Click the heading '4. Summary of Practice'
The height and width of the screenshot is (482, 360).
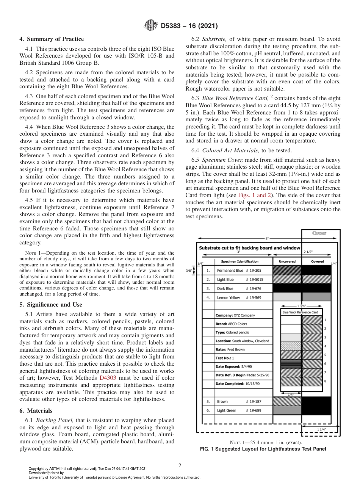tap(52, 39)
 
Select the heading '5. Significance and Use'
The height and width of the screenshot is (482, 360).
tap(50, 305)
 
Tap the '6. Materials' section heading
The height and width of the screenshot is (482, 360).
tap(36, 411)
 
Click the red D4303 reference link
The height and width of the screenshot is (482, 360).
tap(107, 378)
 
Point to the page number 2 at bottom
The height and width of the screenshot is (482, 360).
tap(180, 465)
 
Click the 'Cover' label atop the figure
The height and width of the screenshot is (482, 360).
tap(319, 233)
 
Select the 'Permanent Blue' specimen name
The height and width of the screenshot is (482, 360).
tap(230, 271)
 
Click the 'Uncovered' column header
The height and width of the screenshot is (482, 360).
tap(287, 261)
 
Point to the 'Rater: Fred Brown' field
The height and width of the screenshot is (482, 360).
tap(230, 349)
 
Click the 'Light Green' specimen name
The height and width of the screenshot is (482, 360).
tap(226, 410)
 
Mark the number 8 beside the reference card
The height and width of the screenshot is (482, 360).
tap(325, 381)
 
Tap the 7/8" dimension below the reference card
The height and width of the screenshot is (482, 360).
tap(291, 394)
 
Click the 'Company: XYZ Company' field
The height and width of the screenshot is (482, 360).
tap(235, 315)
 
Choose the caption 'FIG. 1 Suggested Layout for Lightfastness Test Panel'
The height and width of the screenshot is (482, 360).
tap(263, 449)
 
